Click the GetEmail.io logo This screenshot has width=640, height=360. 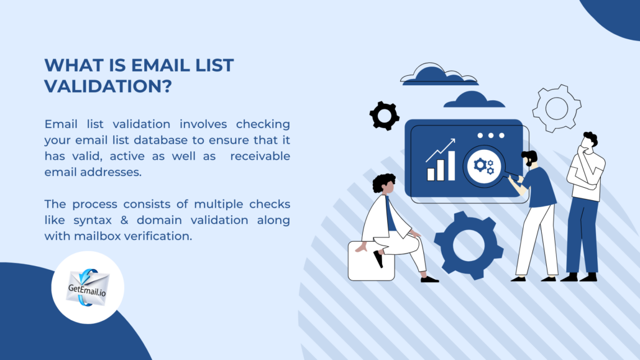[88, 287]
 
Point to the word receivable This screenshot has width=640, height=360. [260, 155]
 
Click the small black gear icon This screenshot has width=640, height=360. [384, 114]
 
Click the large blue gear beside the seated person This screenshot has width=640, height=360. [469, 245]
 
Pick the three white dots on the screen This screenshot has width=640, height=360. [490, 135]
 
